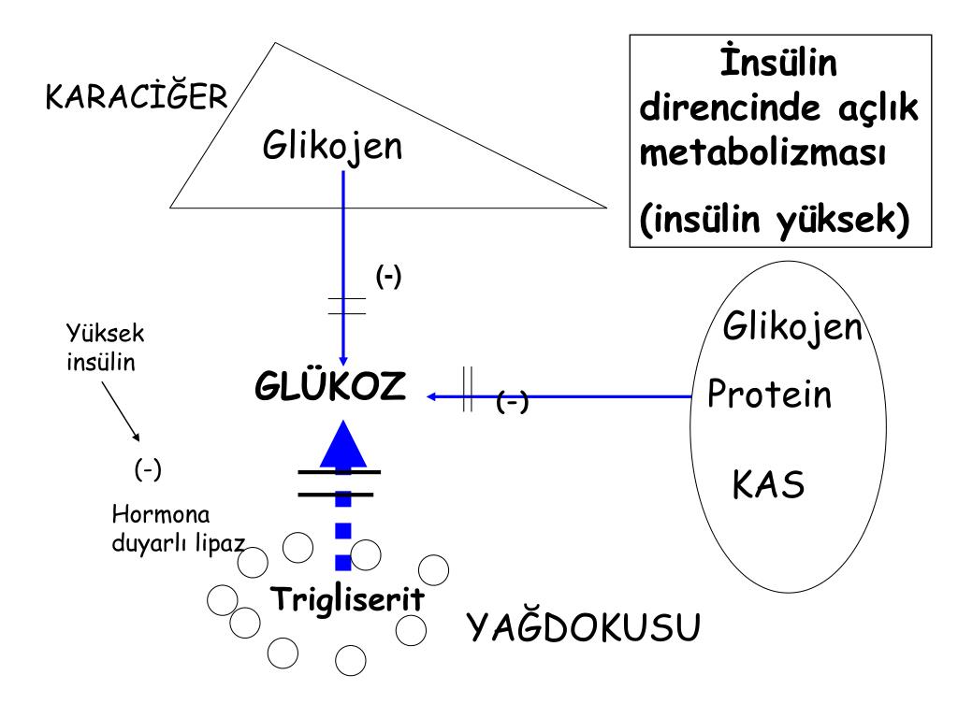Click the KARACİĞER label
tap(137, 97)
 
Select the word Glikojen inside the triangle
tap(332, 147)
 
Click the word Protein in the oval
tap(769, 395)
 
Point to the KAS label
tap(768, 485)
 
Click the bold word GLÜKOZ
tap(330, 386)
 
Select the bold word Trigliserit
tap(346, 598)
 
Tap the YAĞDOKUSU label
tap(583, 629)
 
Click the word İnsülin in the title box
tap(778, 65)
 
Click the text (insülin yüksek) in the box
tap(775, 221)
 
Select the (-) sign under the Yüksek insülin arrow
tap(148, 469)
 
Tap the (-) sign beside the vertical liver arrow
tap(388, 277)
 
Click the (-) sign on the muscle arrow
tap(513, 402)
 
